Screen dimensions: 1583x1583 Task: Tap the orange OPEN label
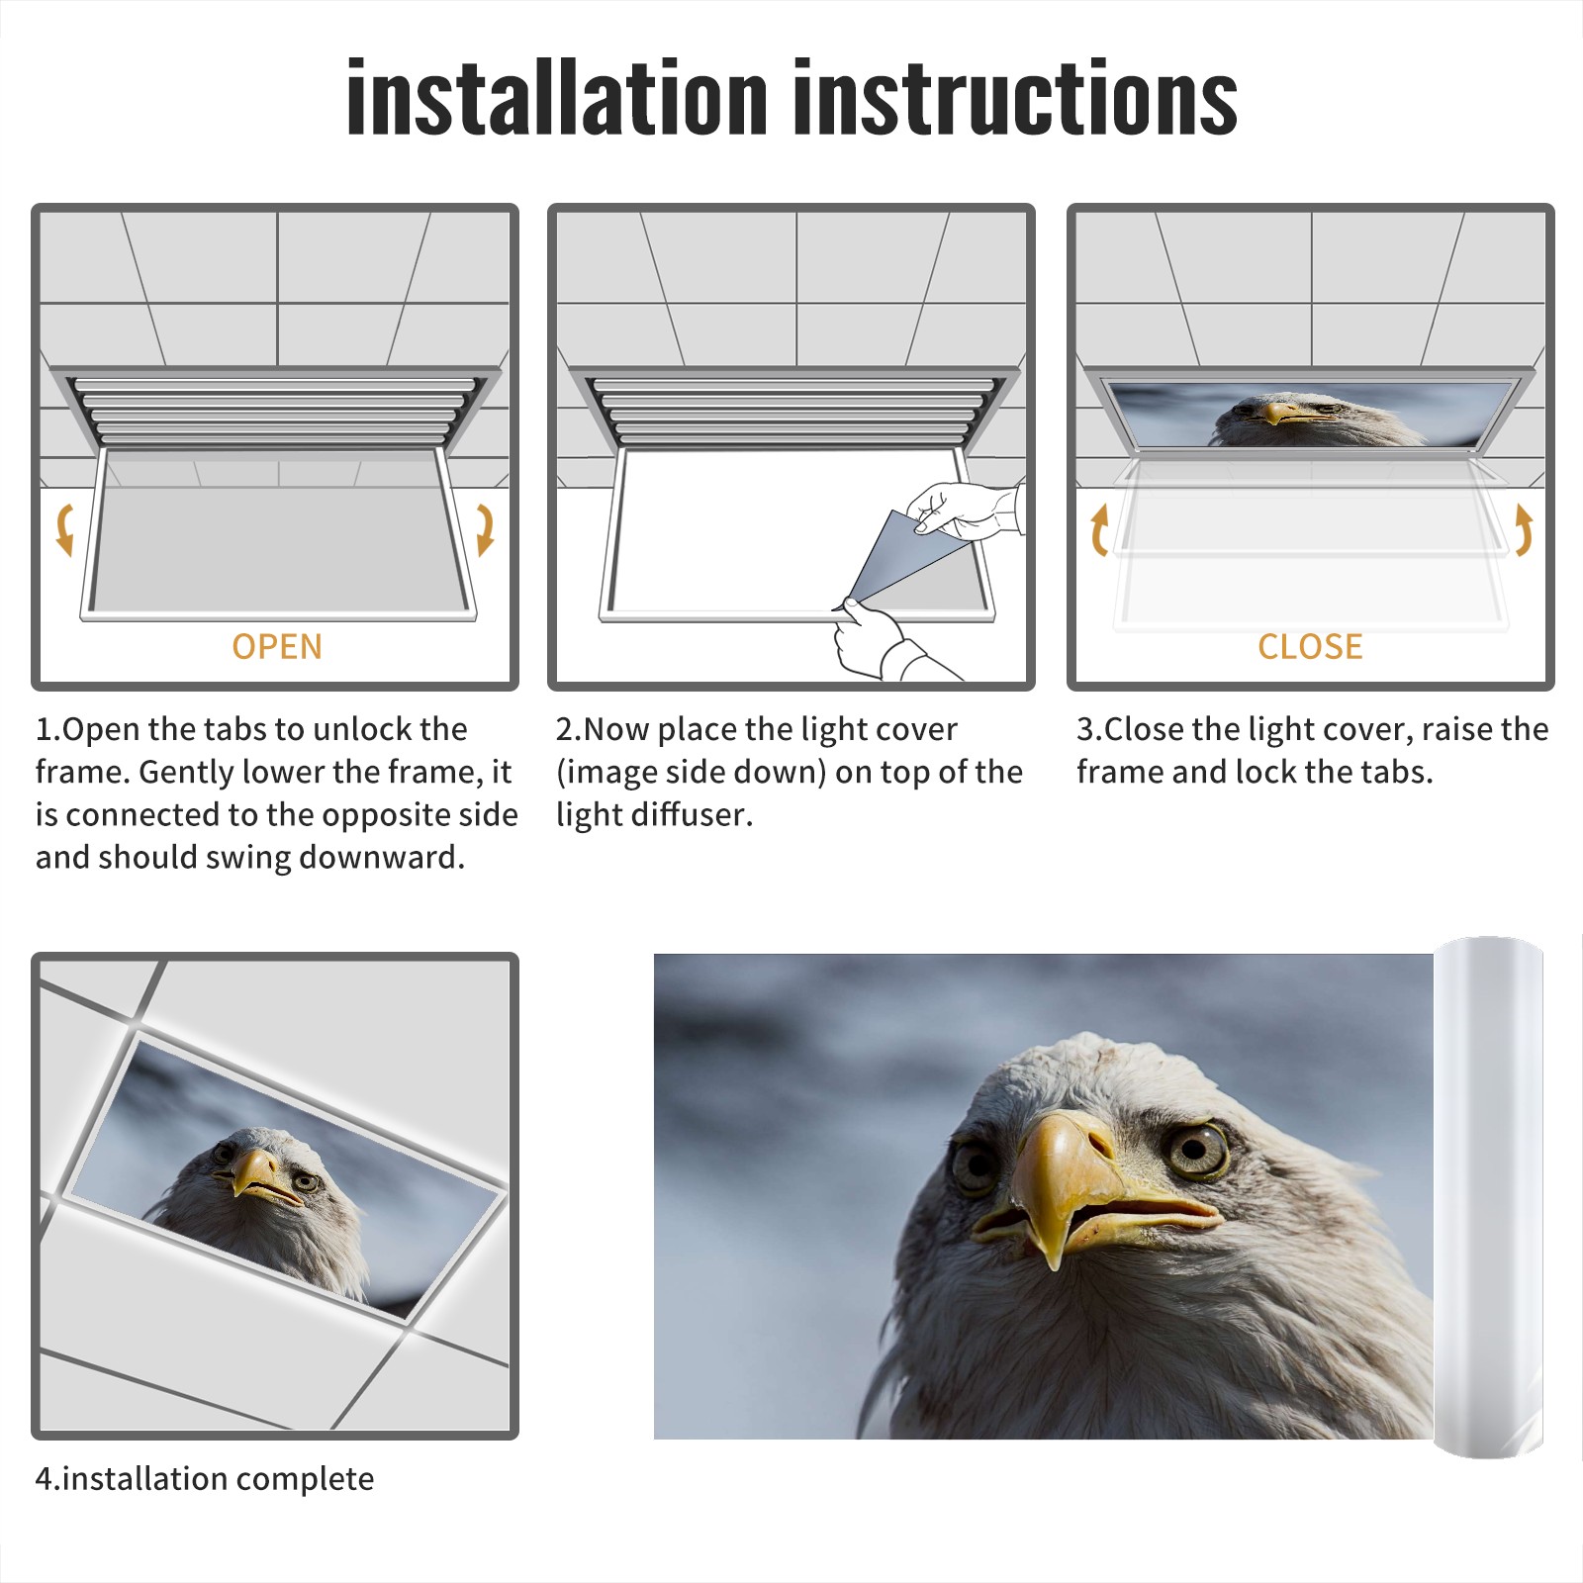pos(277,646)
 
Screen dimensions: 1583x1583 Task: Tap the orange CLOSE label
pos(1310,646)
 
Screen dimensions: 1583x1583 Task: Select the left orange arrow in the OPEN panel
pos(64,529)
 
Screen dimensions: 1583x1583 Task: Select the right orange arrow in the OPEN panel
pos(485,529)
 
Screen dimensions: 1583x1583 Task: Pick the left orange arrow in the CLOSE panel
pos(1099,529)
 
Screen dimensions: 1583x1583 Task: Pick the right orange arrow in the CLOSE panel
pos(1524,529)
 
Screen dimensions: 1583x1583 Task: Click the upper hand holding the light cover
pos(965,510)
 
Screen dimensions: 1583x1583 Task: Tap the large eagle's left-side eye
pos(975,1167)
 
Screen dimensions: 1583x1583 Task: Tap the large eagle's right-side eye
pos(1198,1149)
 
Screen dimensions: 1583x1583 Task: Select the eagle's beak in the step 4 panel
pos(259,1177)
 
